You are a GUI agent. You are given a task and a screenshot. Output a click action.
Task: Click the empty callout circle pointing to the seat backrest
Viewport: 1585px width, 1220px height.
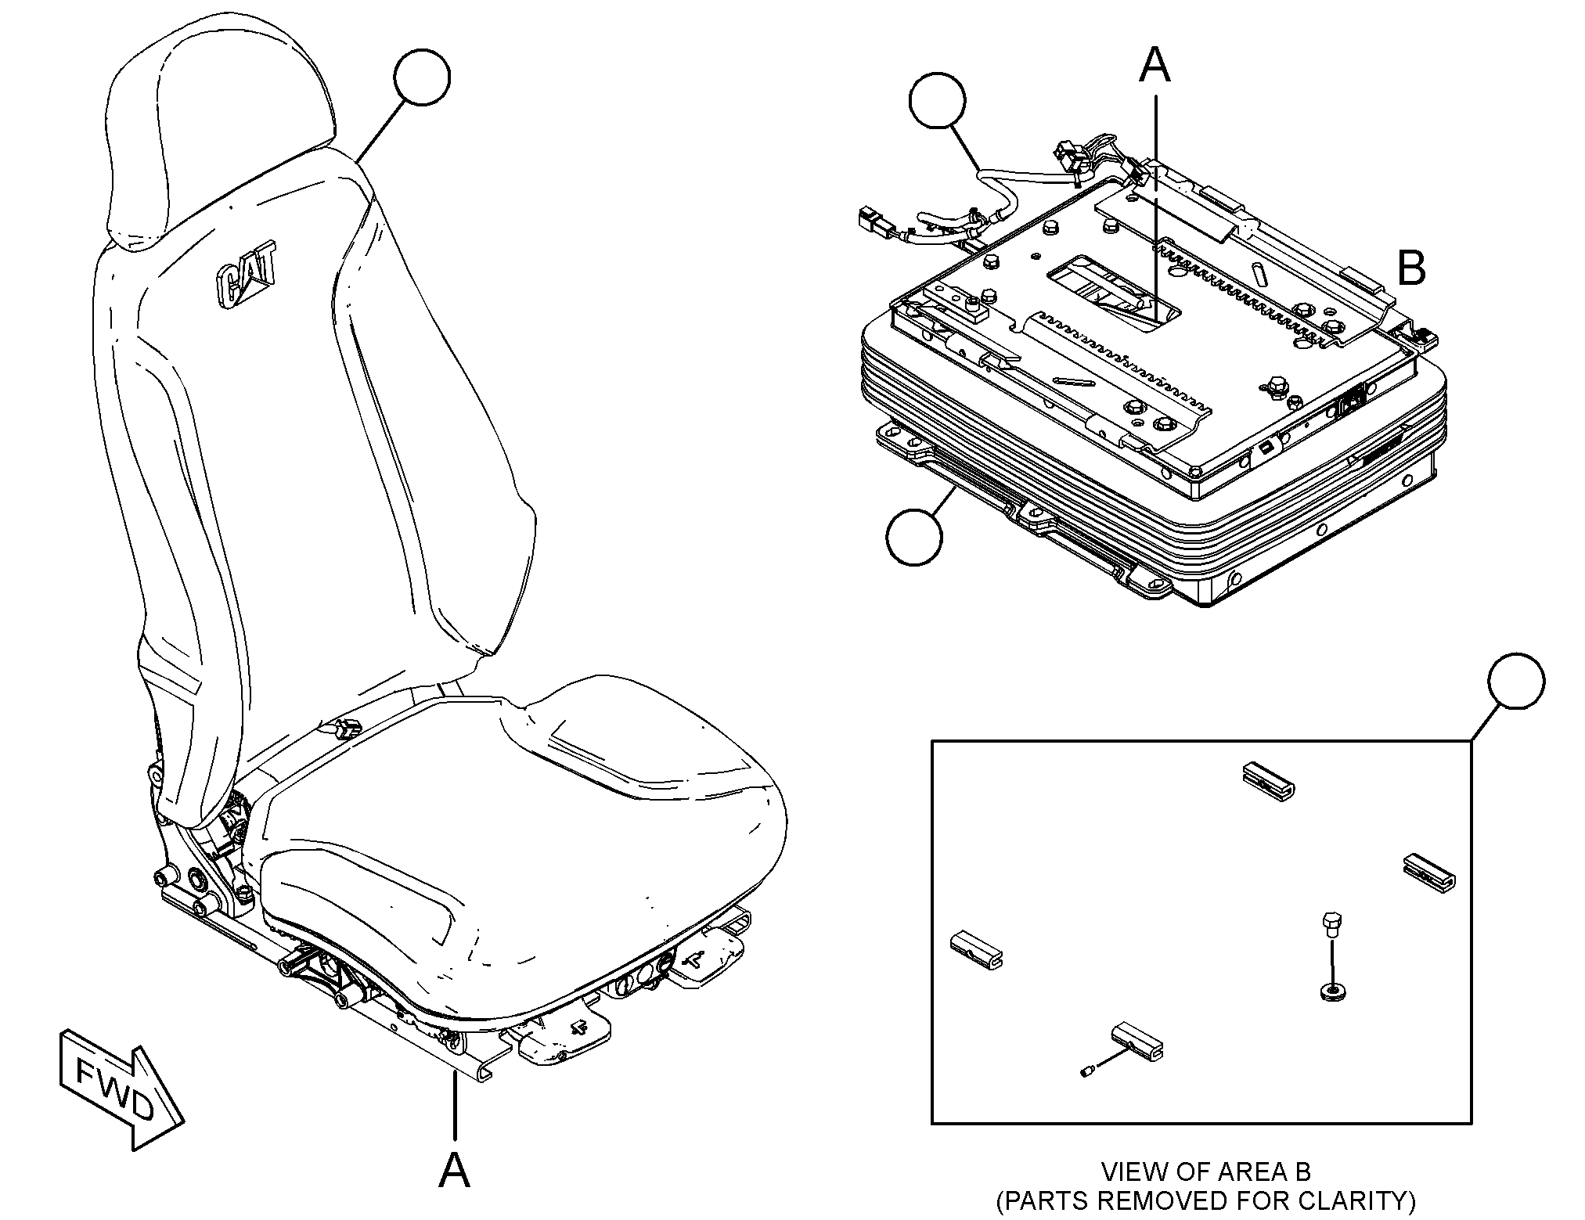(x=422, y=78)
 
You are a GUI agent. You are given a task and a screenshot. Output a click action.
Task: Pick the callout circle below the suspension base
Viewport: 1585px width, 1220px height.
(x=914, y=537)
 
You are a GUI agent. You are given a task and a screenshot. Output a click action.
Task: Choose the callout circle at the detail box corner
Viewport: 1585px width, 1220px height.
(x=1516, y=680)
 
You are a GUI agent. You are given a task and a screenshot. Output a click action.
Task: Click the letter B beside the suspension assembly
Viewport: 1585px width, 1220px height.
(x=1411, y=269)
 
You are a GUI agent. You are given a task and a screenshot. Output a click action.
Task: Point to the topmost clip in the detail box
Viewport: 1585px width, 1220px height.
(x=1269, y=779)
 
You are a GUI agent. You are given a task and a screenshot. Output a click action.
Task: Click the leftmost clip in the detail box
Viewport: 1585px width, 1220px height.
(x=976, y=948)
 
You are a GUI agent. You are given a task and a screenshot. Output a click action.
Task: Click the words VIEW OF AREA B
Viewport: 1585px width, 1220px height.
(x=1205, y=1172)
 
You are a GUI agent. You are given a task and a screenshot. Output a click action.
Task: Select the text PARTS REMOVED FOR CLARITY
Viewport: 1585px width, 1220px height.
(x=1205, y=1200)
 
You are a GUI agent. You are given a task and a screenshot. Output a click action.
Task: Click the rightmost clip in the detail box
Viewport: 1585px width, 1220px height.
(x=1428, y=872)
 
